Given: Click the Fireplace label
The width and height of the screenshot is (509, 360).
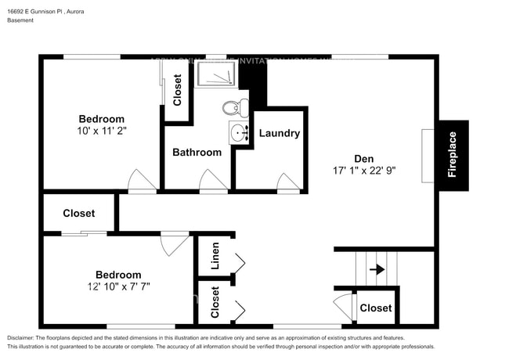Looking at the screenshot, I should (x=453, y=155).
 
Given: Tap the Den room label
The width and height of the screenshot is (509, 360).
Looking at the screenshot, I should (x=363, y=156).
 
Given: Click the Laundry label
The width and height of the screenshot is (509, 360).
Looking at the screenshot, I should (x=279, y=133).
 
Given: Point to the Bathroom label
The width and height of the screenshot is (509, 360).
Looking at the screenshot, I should (x=197, y=152).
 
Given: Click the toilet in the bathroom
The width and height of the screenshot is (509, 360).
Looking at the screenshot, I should (x=232, y=108).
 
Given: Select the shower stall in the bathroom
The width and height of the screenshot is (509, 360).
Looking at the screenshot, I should (x=215, y=74).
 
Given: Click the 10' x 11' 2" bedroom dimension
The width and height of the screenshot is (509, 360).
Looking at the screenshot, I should (x=102, y=131).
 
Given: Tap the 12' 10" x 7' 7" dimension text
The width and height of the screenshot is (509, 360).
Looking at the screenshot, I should (x=118, y=286).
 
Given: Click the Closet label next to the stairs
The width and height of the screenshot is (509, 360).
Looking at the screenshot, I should (x=375, y=308).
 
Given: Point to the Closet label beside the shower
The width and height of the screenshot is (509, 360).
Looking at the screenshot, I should (x=178, y=90).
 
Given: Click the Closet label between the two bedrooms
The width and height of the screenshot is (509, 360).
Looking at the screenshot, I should (x=78, y=213).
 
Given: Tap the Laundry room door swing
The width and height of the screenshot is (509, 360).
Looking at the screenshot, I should (x=289, y=182).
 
